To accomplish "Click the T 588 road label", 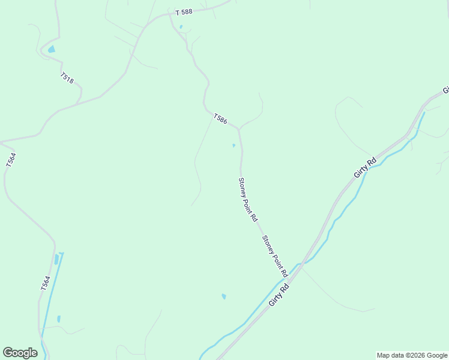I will pos(184,12).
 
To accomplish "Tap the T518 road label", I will pos(67,78).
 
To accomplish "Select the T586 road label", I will pos(220,119).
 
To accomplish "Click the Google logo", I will pos(20,353).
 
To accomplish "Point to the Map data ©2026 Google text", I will pos(412,355).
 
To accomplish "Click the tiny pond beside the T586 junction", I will pos(234,145).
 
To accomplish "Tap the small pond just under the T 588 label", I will pos(181,27).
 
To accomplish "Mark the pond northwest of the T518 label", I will pos(52,49).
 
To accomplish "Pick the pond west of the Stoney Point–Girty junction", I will pos(224,296).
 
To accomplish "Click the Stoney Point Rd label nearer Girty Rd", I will pos(274,255).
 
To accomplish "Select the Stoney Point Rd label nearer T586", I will pos(247,200).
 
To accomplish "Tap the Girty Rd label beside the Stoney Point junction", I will pos(279,295).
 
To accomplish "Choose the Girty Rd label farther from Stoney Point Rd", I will pos(365,167).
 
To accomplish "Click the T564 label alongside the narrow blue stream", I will pos(45,284).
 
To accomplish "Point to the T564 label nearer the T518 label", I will pos(11,160).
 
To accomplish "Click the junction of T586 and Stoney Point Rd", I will pos(239,130).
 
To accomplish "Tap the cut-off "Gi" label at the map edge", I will pos(446,91).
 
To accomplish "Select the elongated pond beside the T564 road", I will pos(57,259).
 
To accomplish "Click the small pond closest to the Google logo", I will pos(59,319).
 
